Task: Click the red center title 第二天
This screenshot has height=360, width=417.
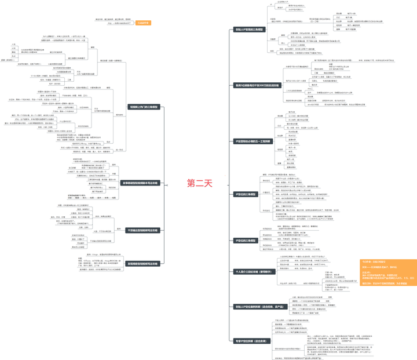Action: point(199,183)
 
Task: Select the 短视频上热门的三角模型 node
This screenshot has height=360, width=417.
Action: point(144,107)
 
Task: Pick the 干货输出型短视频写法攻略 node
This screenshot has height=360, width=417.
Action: point(141,230)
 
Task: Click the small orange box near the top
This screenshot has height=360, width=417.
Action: point(143,23)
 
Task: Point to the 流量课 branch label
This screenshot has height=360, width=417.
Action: point(272,39)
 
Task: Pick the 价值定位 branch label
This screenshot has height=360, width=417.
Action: point(266,192)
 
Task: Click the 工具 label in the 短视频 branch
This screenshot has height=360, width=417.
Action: point(69,80)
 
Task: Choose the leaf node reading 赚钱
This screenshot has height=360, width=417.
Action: point(13,52)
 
